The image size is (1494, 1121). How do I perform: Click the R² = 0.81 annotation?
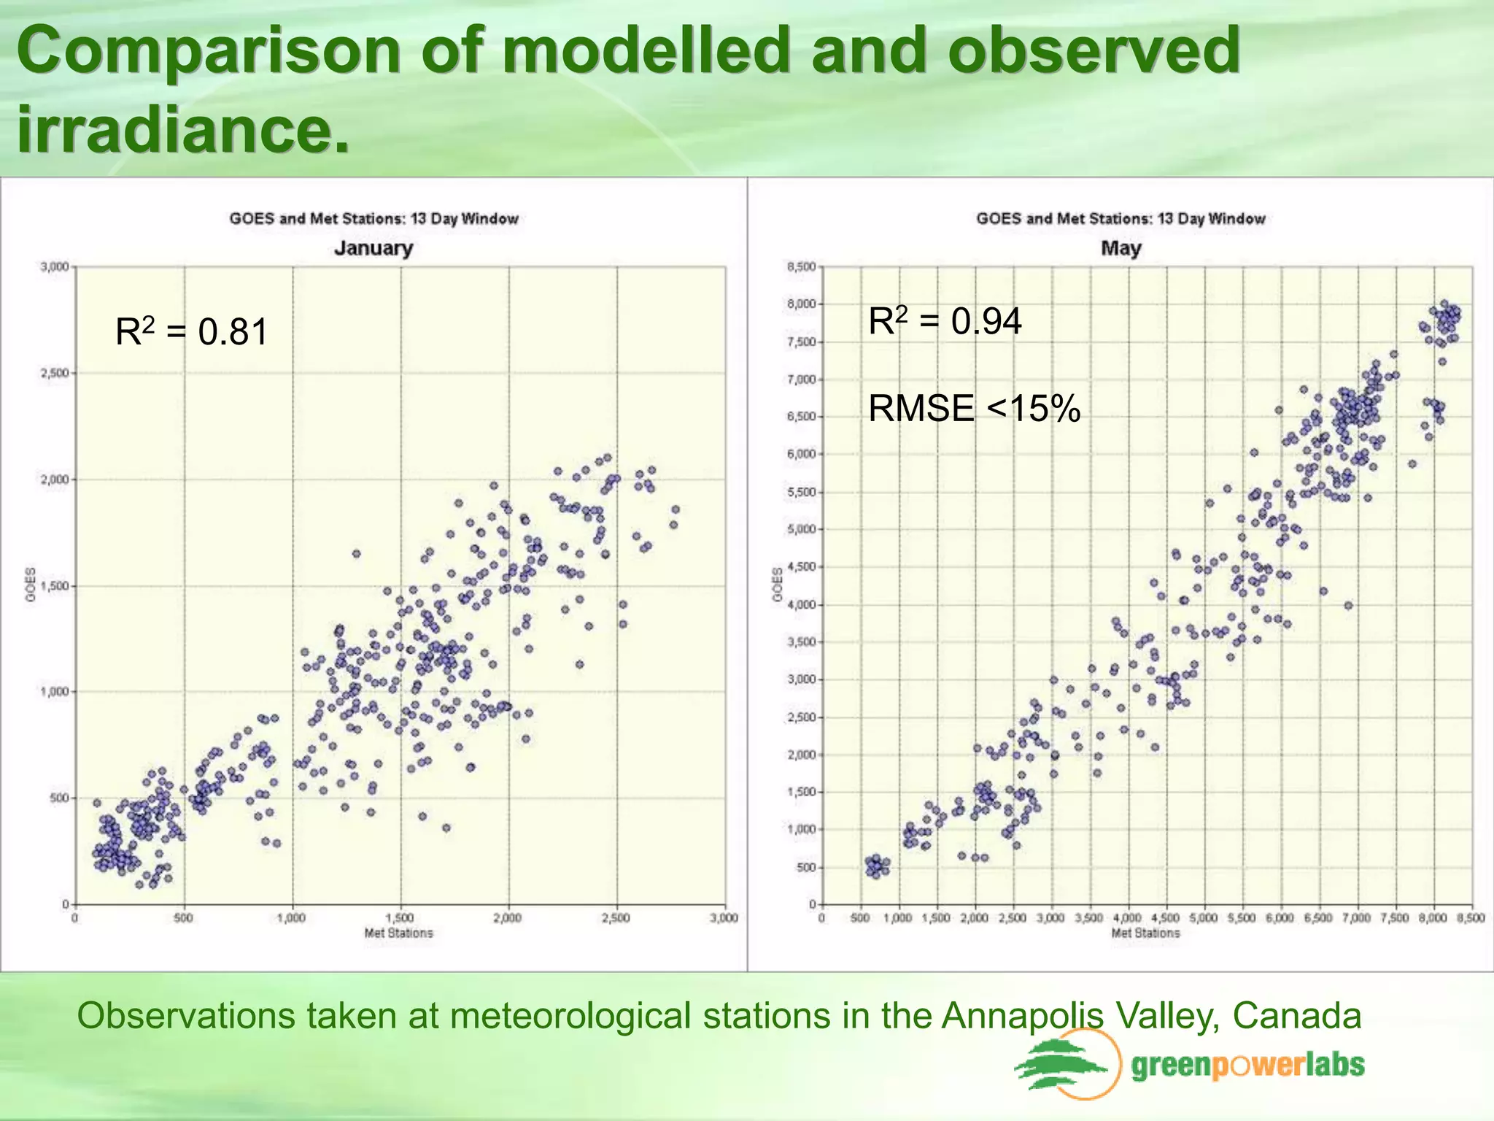point(192,332)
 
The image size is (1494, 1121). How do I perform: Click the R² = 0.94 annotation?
point(945,321)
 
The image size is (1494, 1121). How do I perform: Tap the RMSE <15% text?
point(974,408)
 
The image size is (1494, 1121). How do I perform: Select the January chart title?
point(373,248)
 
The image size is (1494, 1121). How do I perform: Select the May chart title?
point(1120,248)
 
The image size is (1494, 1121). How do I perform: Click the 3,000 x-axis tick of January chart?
point(724,918)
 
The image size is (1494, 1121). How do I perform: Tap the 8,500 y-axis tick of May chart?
point(801,267)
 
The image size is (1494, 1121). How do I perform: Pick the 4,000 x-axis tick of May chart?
point(1127,918)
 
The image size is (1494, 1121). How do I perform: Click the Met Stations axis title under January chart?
point(398,933)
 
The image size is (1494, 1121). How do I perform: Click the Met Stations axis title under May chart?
point(1145,933)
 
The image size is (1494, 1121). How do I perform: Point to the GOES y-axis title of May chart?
point(778,585)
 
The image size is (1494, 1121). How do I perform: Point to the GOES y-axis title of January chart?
point(31,585)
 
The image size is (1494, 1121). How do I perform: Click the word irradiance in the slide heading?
point(182,129)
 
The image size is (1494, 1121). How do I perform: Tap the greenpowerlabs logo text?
point(1247,1066)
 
